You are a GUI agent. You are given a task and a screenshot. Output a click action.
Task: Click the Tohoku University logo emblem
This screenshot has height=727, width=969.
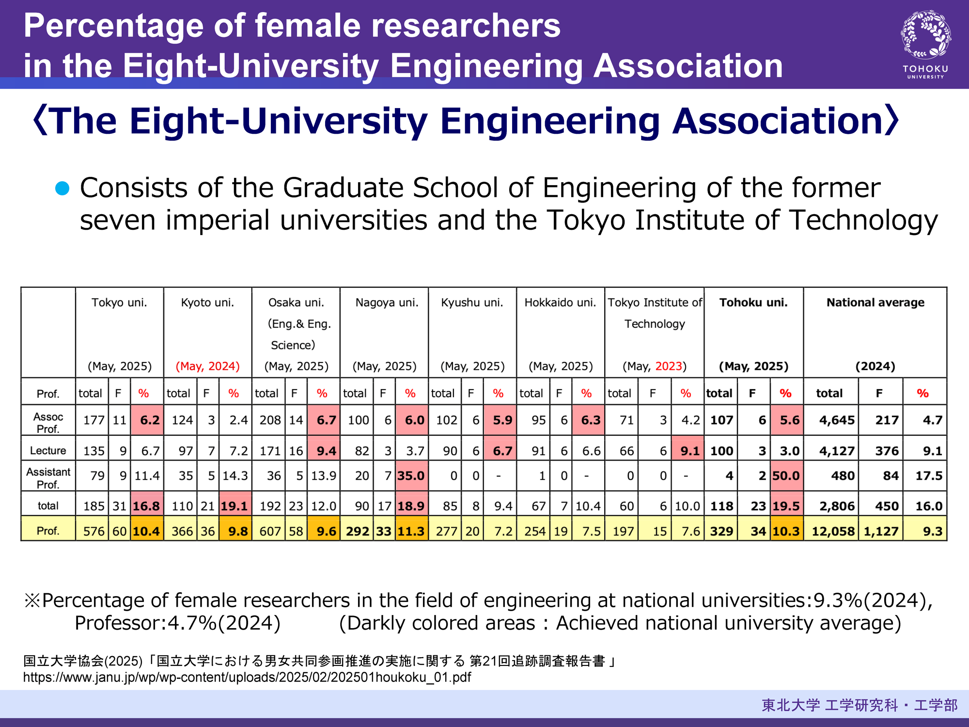(925, 35)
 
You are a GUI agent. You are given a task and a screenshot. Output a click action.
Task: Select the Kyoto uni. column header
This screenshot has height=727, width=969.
(207, 302)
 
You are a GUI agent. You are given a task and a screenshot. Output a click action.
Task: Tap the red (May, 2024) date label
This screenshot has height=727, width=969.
(207, 366)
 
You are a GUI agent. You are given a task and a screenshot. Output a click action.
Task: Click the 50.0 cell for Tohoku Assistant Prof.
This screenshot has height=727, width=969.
(786, 476)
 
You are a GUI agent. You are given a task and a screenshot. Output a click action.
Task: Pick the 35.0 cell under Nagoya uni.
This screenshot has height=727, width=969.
(411, 476)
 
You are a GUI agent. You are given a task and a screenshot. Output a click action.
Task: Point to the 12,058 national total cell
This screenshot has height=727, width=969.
(833, 531)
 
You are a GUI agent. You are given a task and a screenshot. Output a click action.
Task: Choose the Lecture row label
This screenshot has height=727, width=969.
(48, 451)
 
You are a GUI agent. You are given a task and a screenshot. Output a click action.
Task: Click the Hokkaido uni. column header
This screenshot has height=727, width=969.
(560, 302)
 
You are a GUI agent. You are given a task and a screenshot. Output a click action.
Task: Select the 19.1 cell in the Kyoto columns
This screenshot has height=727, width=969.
(234, 506)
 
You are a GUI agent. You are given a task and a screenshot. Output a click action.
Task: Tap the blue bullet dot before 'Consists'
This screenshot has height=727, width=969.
(63, 188)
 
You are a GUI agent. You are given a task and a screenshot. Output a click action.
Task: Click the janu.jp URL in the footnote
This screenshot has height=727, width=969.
(247, 677)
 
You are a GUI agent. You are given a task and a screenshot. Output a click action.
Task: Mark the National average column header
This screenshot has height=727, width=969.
(875, 302)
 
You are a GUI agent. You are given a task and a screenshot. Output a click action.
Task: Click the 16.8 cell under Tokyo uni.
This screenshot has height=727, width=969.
(146, 506)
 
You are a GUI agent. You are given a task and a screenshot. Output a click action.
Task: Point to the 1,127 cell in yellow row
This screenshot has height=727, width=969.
(881, 531)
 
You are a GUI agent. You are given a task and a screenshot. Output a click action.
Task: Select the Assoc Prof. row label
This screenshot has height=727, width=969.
(48, 423)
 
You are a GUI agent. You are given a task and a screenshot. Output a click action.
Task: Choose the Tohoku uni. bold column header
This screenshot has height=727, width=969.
(753, 302)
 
